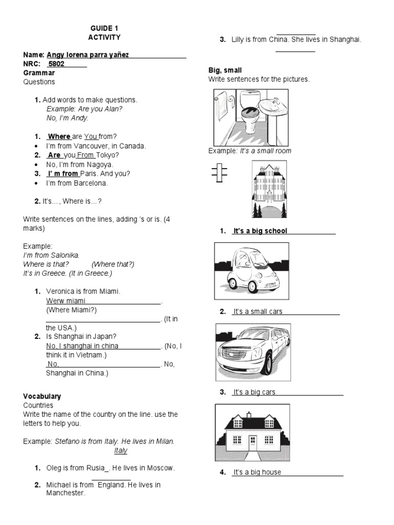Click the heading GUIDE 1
(x=104, y=28)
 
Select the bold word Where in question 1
(x=59, y=136)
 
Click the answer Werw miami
(x=66, y=300)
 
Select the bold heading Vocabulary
(x=42, y=396)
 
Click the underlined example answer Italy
(x=121, y=451)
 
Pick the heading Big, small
(x=225, y=70)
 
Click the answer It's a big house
(x=258, y=472)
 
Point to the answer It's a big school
(x=260, y=231)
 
